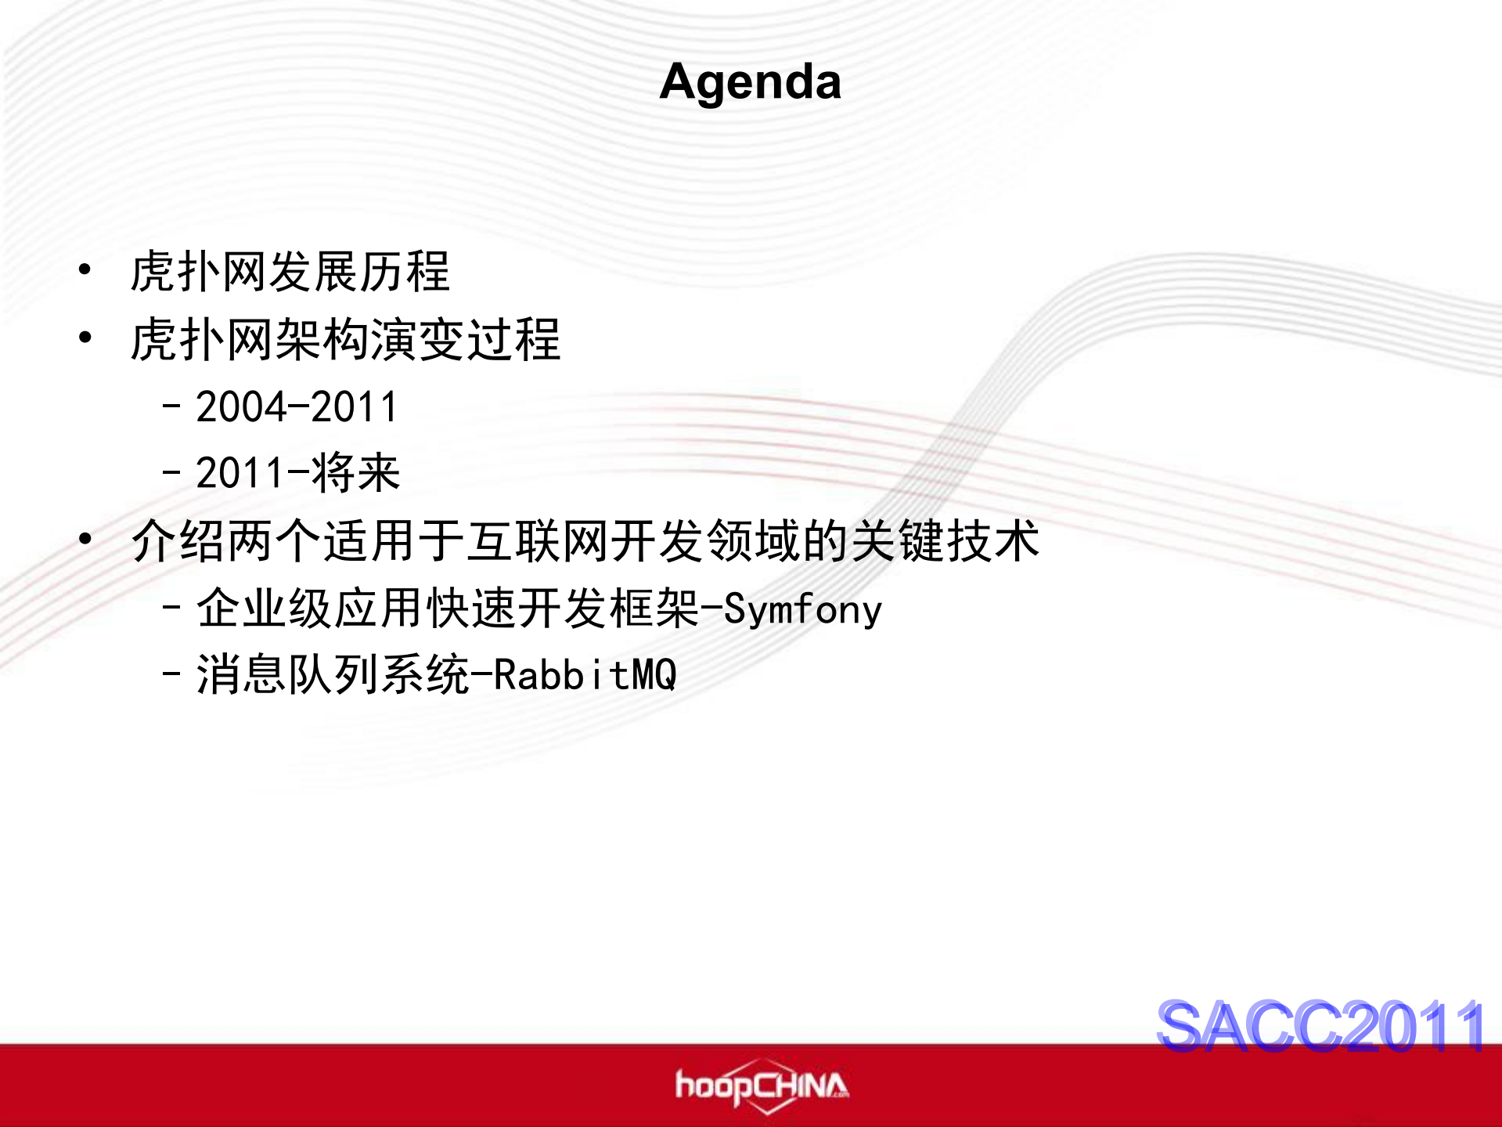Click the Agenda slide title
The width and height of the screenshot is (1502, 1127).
750,81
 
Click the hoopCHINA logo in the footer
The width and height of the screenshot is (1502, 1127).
761,1086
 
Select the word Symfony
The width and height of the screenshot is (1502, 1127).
802,609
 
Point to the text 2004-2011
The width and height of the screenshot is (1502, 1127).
297,407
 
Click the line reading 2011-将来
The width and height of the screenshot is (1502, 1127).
297,474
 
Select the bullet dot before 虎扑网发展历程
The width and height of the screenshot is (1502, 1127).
85,271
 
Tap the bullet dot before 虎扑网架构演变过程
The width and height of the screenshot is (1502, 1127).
85,338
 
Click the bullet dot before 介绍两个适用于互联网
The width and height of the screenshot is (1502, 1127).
85,539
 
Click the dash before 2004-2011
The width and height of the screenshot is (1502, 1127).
171,406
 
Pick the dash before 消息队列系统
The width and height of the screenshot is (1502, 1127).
171,674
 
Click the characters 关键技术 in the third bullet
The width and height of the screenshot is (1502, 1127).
945,540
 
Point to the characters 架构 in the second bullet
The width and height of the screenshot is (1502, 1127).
320,340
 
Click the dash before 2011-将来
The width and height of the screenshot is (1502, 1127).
171,473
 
